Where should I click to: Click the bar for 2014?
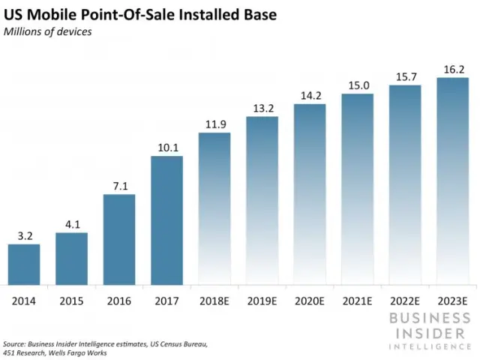24,265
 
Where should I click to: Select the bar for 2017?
166,220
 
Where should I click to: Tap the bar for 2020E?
310,195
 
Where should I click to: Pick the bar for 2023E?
452,181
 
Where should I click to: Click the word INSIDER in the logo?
430,331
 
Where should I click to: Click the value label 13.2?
262,109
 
